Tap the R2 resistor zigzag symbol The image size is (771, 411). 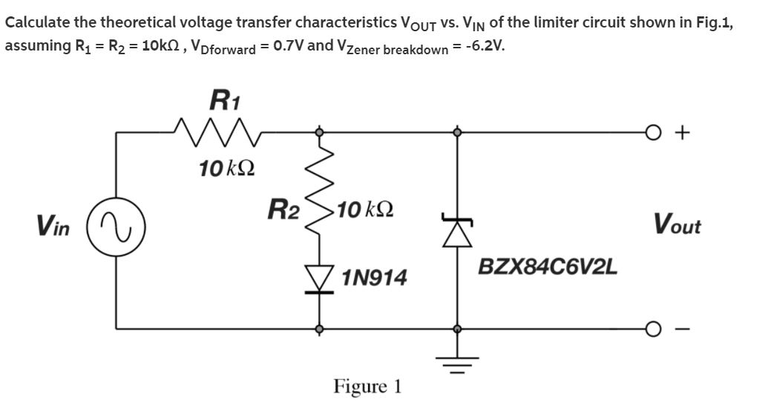[321, 206]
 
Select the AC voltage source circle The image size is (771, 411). [114, 224]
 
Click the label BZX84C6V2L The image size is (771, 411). [548, 266]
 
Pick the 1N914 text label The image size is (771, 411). [375, 279]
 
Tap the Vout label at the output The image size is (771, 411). [677, 223]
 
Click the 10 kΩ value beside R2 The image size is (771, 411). [364, 209]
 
